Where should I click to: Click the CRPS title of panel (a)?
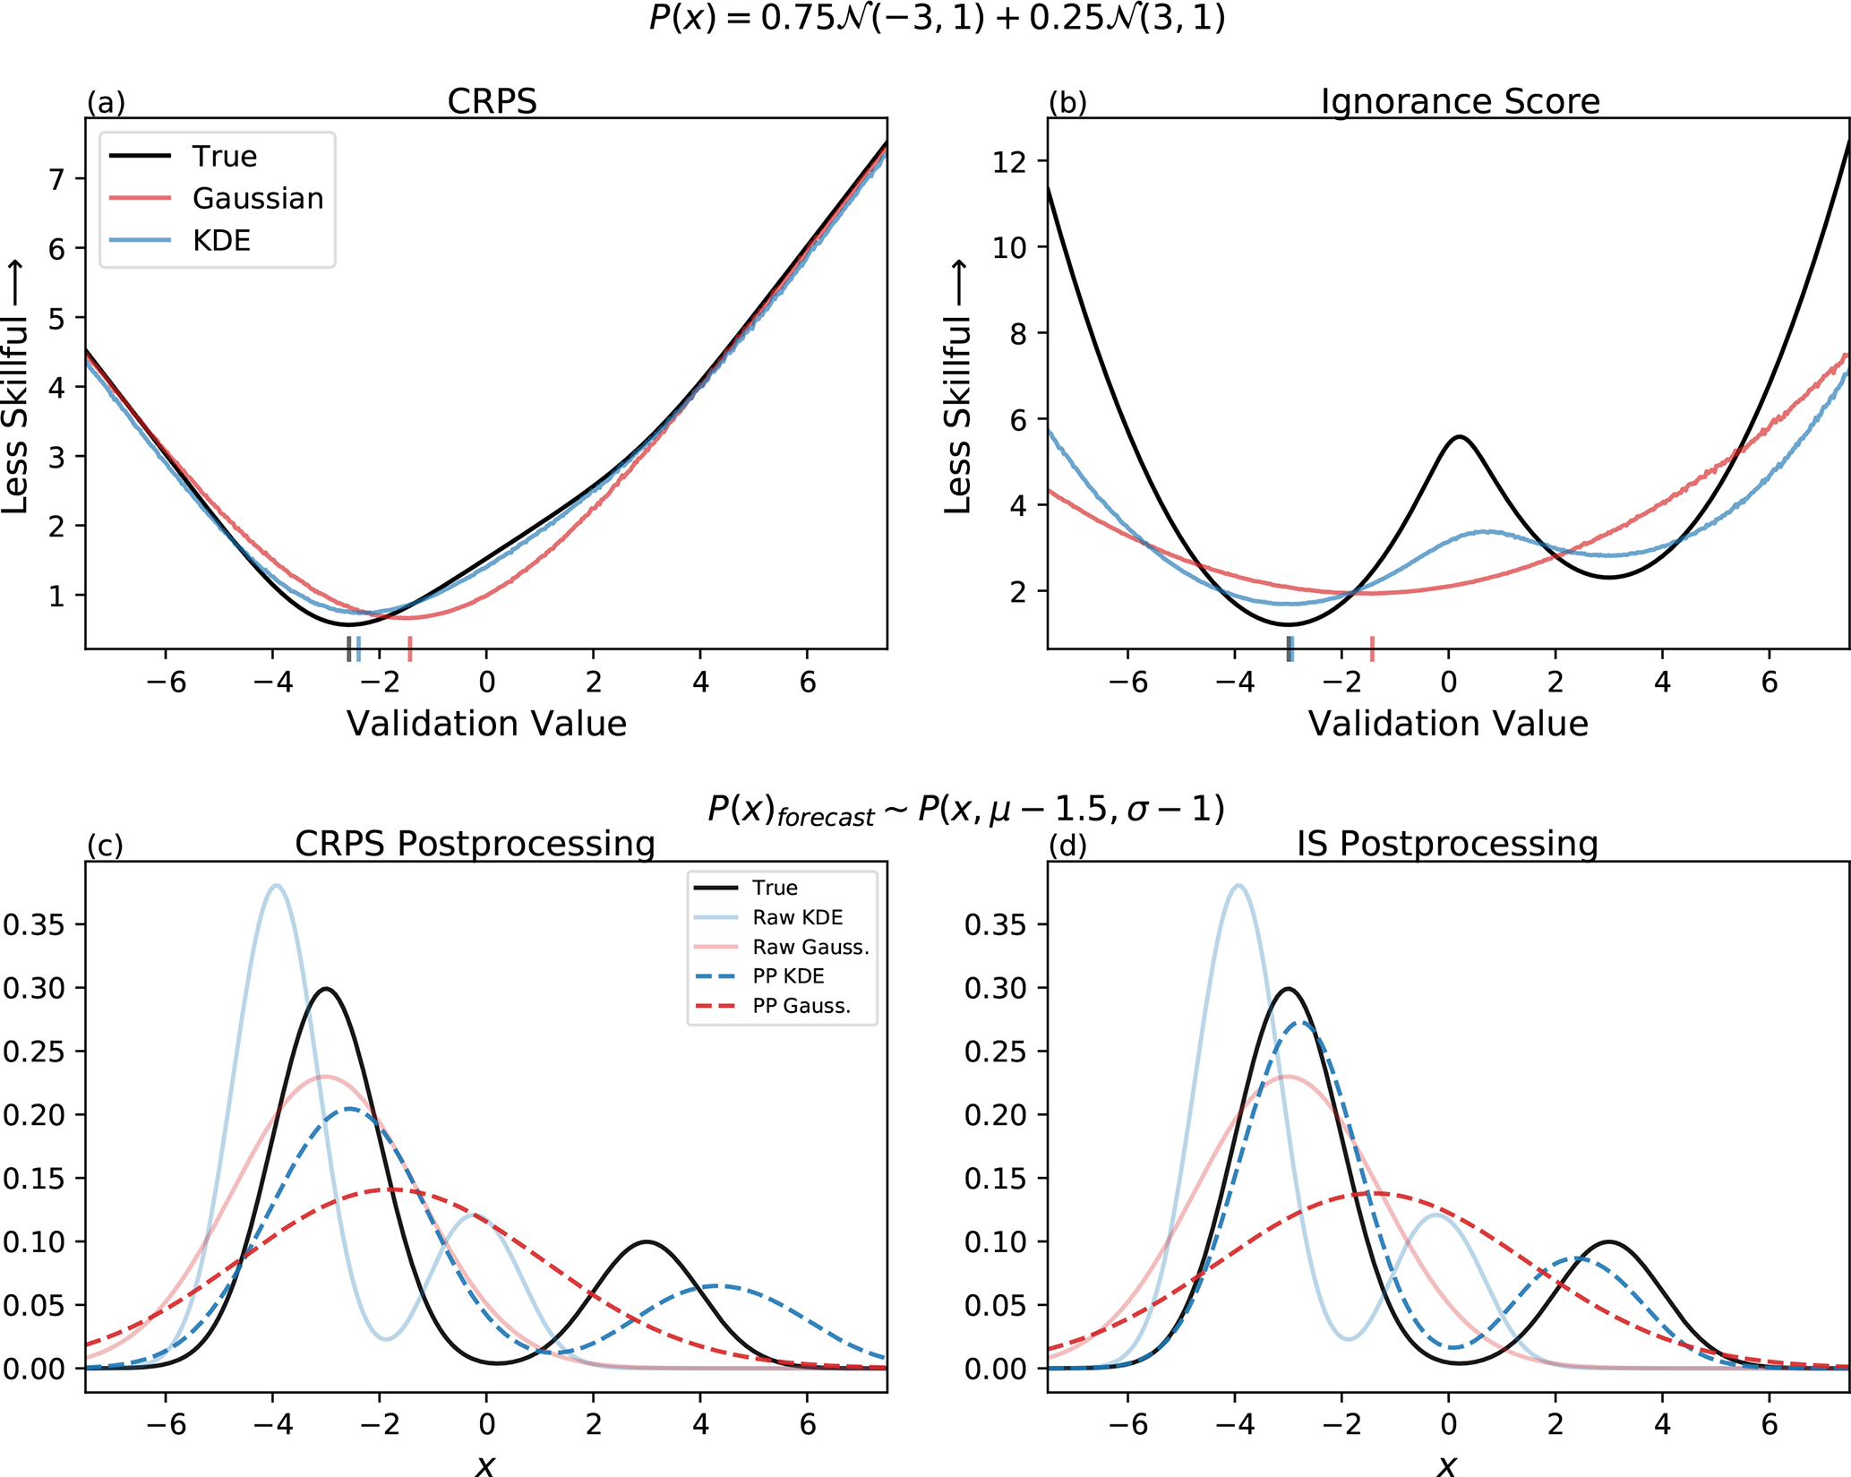click(492, 101)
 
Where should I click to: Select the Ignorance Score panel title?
click(1460, 101)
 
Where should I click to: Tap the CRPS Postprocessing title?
click(475, 844)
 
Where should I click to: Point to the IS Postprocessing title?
click(1447, 844)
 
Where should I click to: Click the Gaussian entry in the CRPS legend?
click(258, 198)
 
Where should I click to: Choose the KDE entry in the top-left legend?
click(221, 240)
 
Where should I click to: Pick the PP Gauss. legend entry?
click(801, 1006)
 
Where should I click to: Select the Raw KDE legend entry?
click(797, 917)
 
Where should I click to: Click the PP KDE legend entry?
click(788, 976)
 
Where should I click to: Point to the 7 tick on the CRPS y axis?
click(57, 179)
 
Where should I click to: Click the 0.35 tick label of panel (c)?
click(34, 924)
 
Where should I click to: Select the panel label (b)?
click(1067, 103)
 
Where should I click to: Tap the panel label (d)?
click(1067, 846)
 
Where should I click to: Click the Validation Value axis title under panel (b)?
click(1448, 724)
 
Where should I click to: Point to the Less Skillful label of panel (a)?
click(15, 387)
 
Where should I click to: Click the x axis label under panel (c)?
click(485, 1464)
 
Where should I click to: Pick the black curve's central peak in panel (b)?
click(1460, 437)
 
